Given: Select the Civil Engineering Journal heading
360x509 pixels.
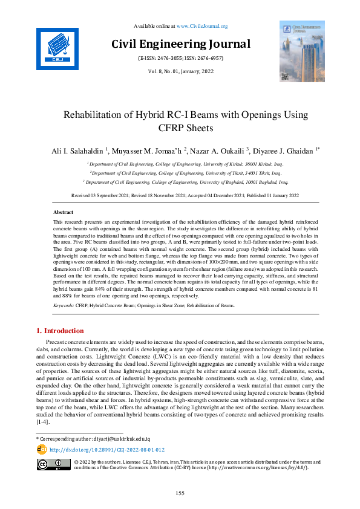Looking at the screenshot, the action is click(180, 44).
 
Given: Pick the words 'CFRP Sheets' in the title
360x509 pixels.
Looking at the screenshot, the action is click(180, 128).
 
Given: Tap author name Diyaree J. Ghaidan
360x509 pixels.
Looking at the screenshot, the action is click(283, 150).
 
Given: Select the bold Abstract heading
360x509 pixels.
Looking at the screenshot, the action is click(64, 213).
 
